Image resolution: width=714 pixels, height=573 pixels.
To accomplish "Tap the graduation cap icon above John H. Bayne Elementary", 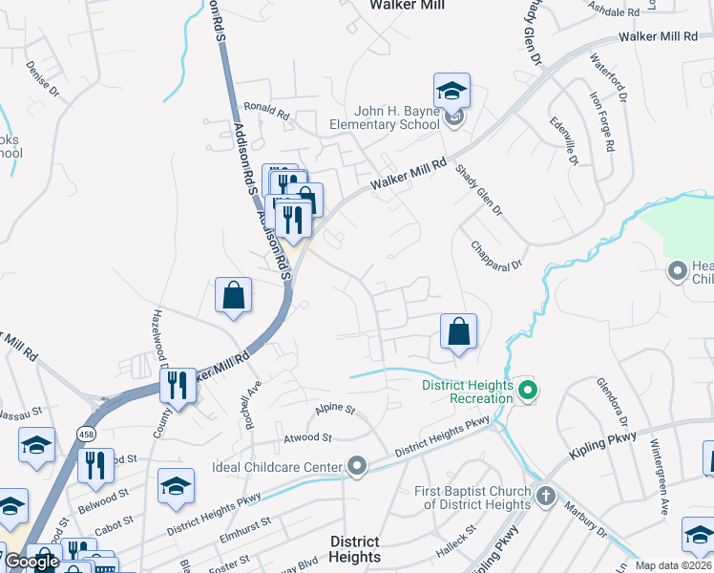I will (451, 92).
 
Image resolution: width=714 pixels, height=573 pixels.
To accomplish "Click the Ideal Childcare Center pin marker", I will (357, 466).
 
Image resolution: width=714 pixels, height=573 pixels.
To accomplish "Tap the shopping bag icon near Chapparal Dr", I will (459, 332).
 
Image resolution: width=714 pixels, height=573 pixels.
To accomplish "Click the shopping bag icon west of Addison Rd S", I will (233, 296).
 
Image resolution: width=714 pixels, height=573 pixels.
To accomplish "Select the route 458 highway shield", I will (86, 419).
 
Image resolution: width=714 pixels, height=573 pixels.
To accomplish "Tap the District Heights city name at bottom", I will (354, 549).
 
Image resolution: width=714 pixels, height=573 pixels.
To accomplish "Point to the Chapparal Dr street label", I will (498, 253).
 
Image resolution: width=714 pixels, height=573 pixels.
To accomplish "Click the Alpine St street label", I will (335, 409).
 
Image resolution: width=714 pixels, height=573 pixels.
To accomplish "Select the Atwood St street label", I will (306, 437).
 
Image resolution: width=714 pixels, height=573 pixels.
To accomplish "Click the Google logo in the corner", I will (31, 562).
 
